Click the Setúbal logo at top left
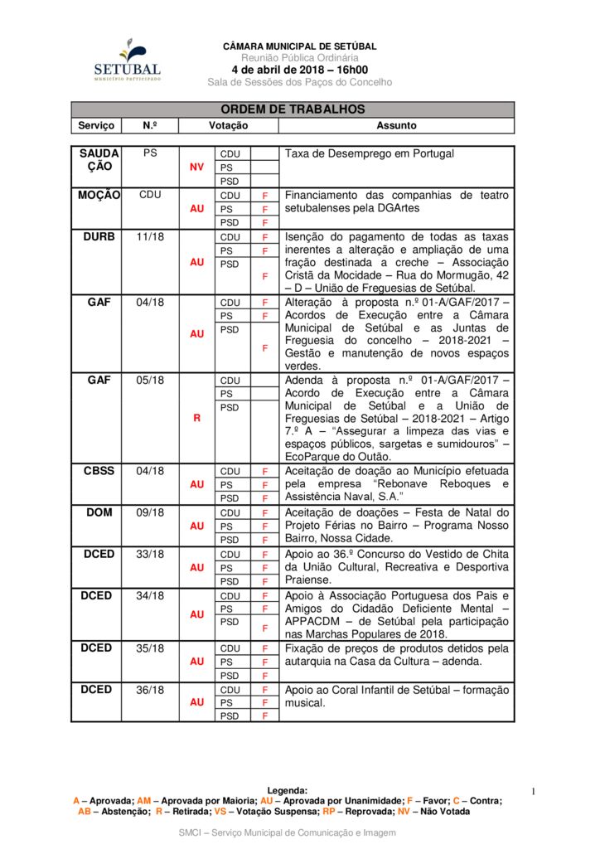point(127,60)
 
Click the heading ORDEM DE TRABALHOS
point(293,109)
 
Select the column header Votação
point(228,126)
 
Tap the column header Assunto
point(396,126)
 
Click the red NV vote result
point(196,167)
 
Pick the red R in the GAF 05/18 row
point(196,419)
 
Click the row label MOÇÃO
point(99,196)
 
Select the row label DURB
point(99,237)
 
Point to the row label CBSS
point(99,471)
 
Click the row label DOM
point(99,513)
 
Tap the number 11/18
point(150,237)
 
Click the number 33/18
point(150,555)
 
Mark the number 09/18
point(150,513)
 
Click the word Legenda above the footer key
point(288,791)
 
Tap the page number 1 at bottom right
point(534,793)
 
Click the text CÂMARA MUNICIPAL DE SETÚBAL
point(300,46)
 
